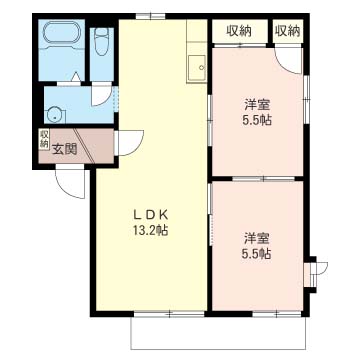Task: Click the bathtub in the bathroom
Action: pos(62,32)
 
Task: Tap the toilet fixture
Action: pos(102,41)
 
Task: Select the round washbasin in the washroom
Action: pos(54,115)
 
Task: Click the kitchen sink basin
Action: pos(197,68)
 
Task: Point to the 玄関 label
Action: pos(65,149)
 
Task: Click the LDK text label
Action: pos(150,216)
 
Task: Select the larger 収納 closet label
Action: pos(239,32)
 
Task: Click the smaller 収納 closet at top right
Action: pos(288,32)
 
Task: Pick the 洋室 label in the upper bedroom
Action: pos(257,105)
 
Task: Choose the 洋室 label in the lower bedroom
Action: pos(257,239)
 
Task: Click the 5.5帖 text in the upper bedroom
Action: pos(256,120)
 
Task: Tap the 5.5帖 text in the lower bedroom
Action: pos(256,254)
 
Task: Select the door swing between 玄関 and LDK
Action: pos(137,147)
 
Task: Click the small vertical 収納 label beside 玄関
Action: pos(44,139)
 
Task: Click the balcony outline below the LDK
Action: pos(218,349)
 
